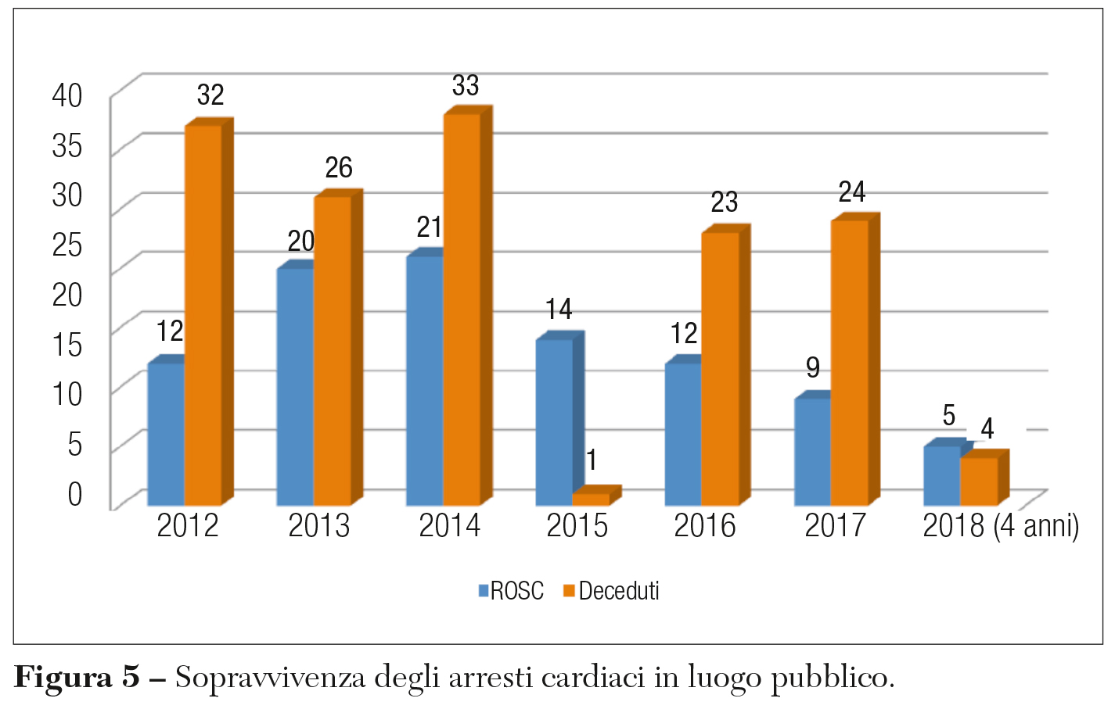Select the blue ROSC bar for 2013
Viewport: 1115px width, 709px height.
[x=295, y=387]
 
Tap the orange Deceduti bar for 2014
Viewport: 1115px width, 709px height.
[x=462, y=309]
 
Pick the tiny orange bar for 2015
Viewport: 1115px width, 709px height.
[x=591, y=499]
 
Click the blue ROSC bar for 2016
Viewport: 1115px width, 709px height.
[x=683, y=434]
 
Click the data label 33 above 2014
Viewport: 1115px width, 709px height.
[x=466, y=85]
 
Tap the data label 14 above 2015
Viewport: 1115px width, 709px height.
[x=559, y=310]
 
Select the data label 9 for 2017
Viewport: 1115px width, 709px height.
[x=813, y=367]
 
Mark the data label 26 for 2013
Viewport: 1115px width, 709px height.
[x=339, y=167]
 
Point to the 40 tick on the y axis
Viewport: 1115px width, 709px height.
[x=67, y=95]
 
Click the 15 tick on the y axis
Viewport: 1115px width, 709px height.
[x=67, y=344]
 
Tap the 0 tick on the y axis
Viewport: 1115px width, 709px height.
[x=75, y=494]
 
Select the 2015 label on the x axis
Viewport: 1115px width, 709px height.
[x=577, y=526]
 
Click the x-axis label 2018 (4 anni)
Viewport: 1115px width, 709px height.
[x=1001, y=526]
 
